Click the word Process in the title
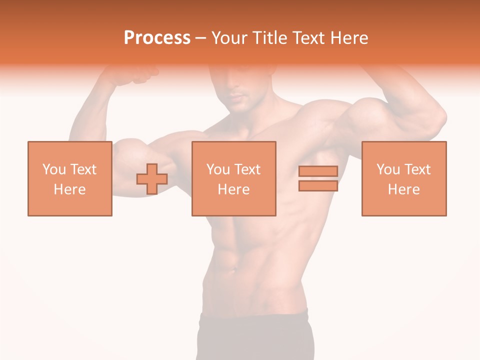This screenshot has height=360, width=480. tap(157, 38)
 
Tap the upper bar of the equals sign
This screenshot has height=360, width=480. tap(318, 171)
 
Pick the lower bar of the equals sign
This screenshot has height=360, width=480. tap(318, 185)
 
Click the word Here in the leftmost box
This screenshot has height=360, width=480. tap(69, 189)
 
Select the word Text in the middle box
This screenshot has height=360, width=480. tap(246, 169)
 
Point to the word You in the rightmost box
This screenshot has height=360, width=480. tap(388, 169)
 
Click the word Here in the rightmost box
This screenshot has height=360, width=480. tap(403, 189)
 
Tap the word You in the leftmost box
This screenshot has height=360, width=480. tap(54, 169)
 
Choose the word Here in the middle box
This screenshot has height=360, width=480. tap(233, 189)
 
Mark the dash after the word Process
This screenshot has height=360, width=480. tap(201, 38)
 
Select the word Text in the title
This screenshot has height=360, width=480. tap(307, 38)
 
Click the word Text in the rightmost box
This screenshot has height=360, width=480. tap(416, 169)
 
